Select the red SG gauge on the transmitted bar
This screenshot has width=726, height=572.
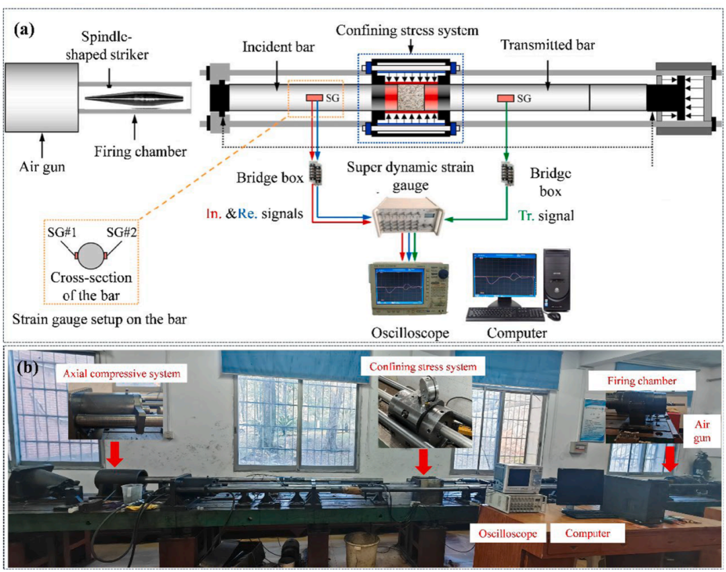coord(506,99)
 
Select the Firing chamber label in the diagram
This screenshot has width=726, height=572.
coord(151,152)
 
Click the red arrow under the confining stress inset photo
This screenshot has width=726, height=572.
coord(423,460)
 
